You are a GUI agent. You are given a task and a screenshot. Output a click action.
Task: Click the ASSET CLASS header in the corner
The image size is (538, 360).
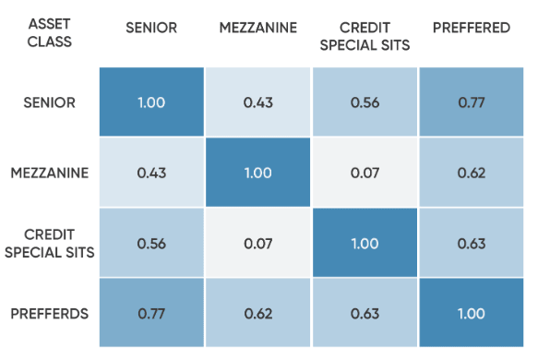pyautogui.click(x=49, y=34)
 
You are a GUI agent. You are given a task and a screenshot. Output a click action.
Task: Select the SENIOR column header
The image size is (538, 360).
pyautogui.click(x=151, y=28)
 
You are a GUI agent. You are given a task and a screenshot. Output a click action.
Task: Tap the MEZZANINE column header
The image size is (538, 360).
pyautogui.click(x=258, y=28)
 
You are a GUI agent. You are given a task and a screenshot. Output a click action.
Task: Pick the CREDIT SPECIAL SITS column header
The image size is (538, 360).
pyautogui.click(x=365, y=35)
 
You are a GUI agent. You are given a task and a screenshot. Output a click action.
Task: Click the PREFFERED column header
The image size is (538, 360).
pyautogui.click(x=472, y=28)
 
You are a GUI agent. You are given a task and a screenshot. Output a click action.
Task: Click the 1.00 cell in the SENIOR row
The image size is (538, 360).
pyautogui.click(x=151, y=102)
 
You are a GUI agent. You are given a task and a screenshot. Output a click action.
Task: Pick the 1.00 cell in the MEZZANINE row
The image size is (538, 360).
pyautogui.click(x=258, y=173)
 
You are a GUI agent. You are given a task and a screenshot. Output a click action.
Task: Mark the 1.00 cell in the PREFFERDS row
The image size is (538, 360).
pyautogui.click(x=472, y=314)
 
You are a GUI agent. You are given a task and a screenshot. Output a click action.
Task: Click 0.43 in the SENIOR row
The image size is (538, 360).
pyautogui.click(x=258, y=102)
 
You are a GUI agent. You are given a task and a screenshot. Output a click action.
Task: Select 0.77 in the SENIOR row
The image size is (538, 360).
pyautogui.click(x=472, y=102)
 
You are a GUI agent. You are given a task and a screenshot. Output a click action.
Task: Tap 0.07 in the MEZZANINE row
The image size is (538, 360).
pyautogui.click(x=365, y=173)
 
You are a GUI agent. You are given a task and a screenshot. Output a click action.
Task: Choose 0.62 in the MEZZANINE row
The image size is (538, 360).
pyautogui.click(x=472, y=173)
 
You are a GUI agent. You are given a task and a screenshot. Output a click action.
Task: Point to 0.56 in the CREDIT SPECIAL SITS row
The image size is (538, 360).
pyautogui.click(x=151, y=244)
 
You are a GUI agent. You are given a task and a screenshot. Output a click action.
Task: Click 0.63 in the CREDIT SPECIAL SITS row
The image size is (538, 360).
pyautogui.click(x=472, y=244)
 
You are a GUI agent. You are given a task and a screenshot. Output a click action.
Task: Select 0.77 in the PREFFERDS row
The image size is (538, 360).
pyautogui.click(x=151, y=314)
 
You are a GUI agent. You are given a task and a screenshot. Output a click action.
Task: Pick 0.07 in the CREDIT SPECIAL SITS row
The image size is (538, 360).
pyautogui.click(x=258, y=244)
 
